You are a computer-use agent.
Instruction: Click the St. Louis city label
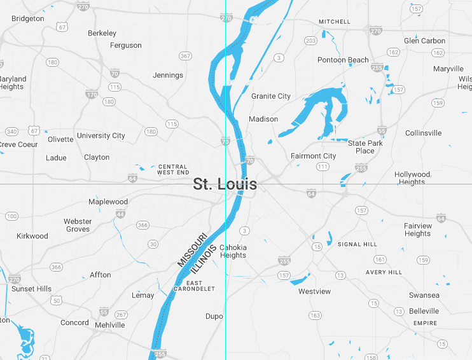pyautogui.click(x=225, y=184)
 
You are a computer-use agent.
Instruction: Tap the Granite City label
pyautogui.click(x=270, y=96)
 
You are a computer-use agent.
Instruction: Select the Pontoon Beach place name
pyautogui.click(x=343, y=60)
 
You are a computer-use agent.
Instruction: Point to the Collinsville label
pyautogui.click(x=423, y=133)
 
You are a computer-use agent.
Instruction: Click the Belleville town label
pyautogui.click(x=424, y=311)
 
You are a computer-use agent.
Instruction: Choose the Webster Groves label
pyautogui.click(x=78, y=225)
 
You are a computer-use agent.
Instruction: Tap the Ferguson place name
pyautogui.click(x=126, y=45)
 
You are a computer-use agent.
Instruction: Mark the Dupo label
pyautogui.click(x=214, y=316)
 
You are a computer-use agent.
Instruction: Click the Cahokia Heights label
pyautogui.click(x=233, y=251)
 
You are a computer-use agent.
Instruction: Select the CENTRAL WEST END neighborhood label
pyautogui.click(x=174, y=169)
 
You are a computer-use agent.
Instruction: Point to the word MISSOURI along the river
pyautogui.click(x=192, y=250)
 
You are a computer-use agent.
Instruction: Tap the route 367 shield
pyautogui.click(x=185, y=56)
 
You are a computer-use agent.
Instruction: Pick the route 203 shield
pyautogui.click(x=310, y=41)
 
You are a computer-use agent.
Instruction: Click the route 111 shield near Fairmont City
pyautogui.click(x=323, y=167)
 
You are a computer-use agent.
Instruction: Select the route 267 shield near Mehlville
pyautogui.click(x=121, y=315)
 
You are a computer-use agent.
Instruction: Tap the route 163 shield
pyautogui.click(x=315, y=315)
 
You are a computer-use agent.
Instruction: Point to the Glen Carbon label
pyautogui.click(x=424, y=41)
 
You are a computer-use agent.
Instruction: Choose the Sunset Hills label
pyautogui.click(x=31, y=289)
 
